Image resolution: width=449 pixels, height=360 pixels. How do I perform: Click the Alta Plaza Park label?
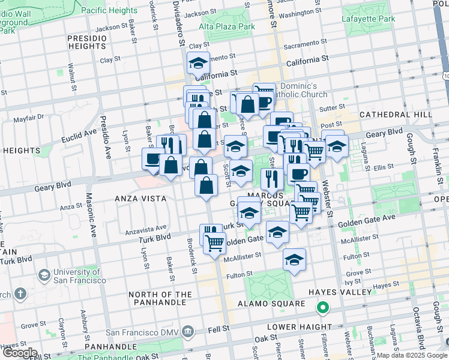(227, 27)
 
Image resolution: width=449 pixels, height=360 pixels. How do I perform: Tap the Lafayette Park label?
(369, 19)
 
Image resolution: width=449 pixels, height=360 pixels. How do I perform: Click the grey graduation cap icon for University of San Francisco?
(44, 275)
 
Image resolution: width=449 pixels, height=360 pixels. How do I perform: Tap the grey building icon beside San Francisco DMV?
(188, 331)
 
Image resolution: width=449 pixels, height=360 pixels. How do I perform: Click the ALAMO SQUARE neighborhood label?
(277, 304)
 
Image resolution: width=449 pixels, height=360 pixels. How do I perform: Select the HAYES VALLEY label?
(340, 292)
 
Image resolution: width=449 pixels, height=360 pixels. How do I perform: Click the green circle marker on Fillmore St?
(322, 308)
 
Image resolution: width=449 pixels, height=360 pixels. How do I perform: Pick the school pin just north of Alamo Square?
(294, 260)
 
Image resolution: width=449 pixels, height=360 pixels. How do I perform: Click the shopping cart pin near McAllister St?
(214, 243)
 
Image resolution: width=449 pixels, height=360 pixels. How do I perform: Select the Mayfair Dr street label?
(32, 118)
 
